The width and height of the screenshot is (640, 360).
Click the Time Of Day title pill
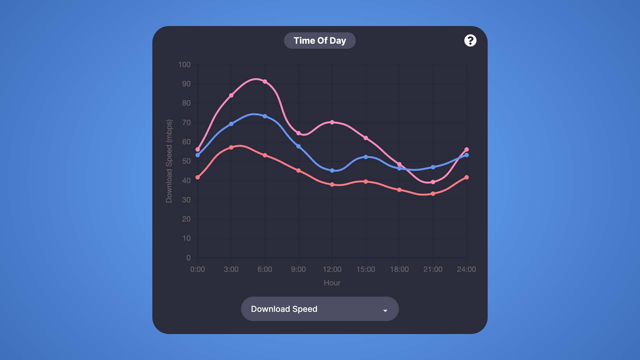(x=320, y=41)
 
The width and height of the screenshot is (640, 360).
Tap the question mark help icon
(x=470, y=41)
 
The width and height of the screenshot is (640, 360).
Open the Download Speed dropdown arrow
(x=385, y=310)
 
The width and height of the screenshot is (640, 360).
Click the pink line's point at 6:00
(x=265, y=81)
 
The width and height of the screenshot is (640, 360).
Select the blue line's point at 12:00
(x=332, y=170)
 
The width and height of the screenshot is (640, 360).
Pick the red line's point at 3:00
(x=231, y=147)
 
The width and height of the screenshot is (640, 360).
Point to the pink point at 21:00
(x=433, y=182)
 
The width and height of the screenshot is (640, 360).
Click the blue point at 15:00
(x=366, y=157)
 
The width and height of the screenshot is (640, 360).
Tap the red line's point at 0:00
(x=198, y=177)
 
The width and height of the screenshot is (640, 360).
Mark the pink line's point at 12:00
(x=332, y=122)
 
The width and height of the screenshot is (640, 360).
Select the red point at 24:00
(x=466, y=177)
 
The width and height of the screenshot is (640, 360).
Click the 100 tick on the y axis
(x=184, y=65)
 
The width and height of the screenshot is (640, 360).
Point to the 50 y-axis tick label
(x=186, y=161)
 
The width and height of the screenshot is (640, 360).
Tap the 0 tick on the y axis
(x=189, y=258)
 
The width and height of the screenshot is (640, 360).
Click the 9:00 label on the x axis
(x=298, y=269)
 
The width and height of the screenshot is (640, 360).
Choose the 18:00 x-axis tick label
(x=399, y=269)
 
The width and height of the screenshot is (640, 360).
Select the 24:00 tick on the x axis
(x=466, y=269)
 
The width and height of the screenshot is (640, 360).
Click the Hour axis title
(x=332, y=283)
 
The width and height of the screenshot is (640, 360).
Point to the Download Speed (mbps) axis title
(x=169, y=161)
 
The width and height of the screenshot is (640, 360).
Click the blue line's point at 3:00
(x=231, y=124)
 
